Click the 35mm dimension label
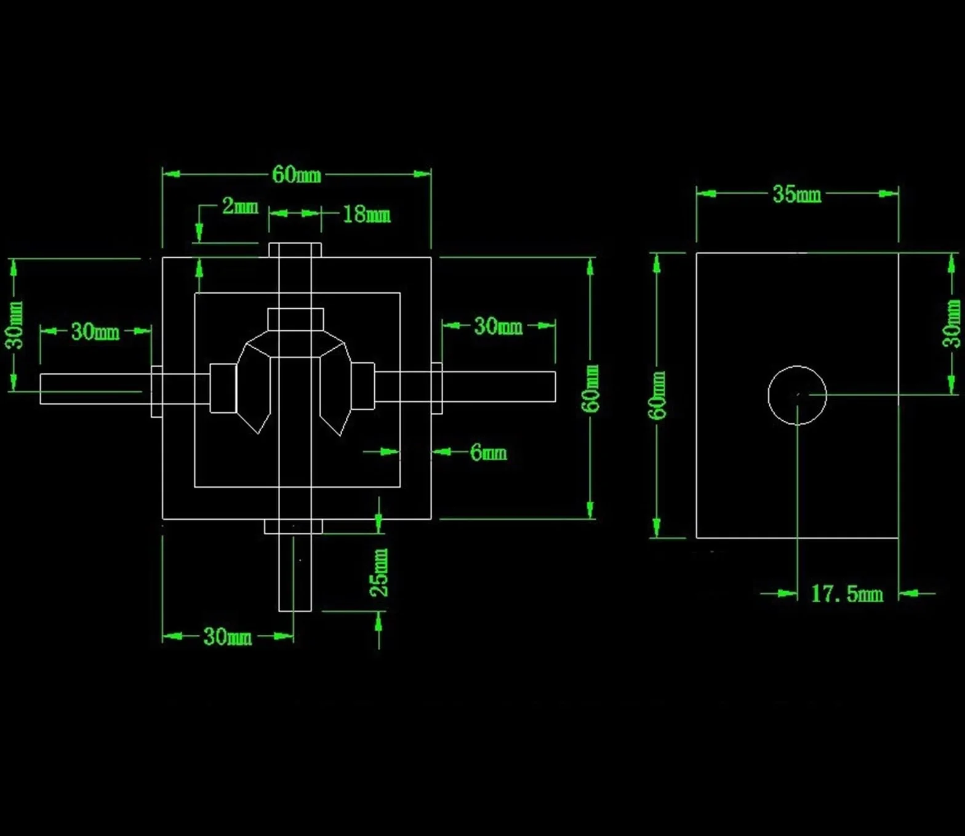click(x=797, y=194)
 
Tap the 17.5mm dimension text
click(x=847, y=594)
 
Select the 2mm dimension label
click(x=240, y=206)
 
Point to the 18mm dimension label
click(x=366, y=214)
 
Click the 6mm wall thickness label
click(x=488, y=452)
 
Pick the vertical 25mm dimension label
click(x=378, y=572)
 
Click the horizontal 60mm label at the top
click(x=297, y=175)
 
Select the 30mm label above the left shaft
click(x=95, y=332)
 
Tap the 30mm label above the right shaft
click(x=498, y=326)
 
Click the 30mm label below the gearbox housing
click(x=227, y=637)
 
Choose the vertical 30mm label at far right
click(x=951, y=324)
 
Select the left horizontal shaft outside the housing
click(x=96, y=389)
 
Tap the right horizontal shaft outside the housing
click(x=499, y=386)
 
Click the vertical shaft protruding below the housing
click(x=295, y=572)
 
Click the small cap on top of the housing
click(x=295, y=250)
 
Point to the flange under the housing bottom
click(x=293, y=527)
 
